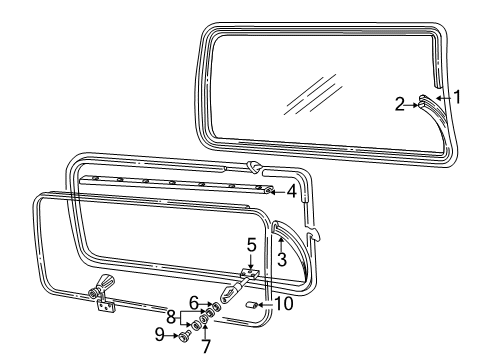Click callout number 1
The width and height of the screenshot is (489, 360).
click(x=457, y=97)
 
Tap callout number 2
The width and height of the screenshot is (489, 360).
click(x=400, y=103)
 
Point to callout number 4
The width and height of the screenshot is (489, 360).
click(x=291, y=189)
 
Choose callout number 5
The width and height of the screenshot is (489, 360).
click(x=252, y=245)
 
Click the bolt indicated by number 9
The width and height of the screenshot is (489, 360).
click(x=184, y=337)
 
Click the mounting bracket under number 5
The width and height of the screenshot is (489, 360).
click(x=250, y=273)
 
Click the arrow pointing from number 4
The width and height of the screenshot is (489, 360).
click(x=278, y=189)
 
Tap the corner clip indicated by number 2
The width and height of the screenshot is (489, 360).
click(x=424, y=100)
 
